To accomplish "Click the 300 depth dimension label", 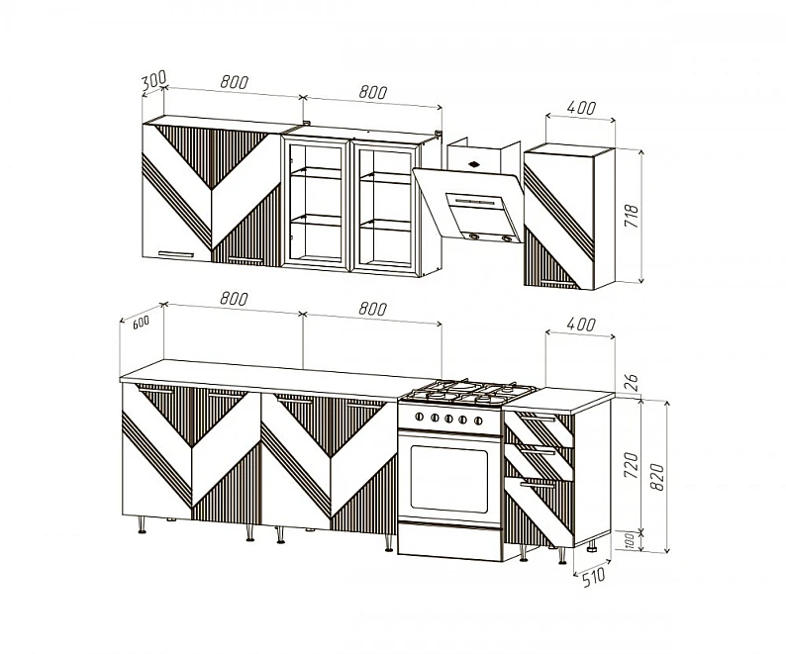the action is (152, 81).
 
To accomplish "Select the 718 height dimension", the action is (632, 216).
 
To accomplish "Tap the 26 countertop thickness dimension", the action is (633, 382).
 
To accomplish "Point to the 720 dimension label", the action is (632, 465).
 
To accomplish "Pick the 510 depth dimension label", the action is (594, 578).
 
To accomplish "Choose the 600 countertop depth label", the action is (141, 323).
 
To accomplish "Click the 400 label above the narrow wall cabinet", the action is (581, 107).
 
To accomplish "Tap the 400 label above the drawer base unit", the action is (581, 325).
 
